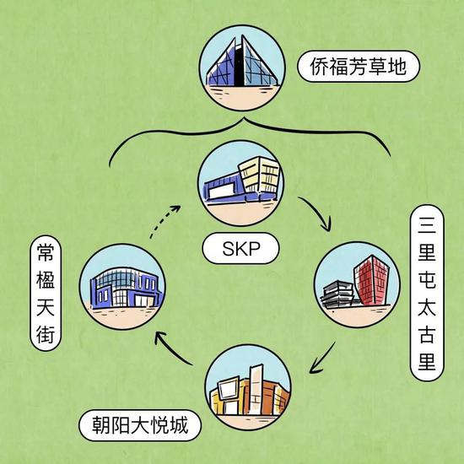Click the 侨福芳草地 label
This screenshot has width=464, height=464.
359,67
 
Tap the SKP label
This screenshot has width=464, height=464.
240,248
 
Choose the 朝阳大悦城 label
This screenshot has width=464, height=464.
140,425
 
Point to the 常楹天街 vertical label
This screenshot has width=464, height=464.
46,293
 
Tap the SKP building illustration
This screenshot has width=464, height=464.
242,180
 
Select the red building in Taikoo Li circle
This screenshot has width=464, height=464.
371,279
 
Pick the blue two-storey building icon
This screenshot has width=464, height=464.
127,288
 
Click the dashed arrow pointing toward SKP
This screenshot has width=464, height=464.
164,221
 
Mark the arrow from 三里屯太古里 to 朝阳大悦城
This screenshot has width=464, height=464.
323,358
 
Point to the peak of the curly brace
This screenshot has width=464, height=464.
245,118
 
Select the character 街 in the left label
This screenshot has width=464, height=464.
46,335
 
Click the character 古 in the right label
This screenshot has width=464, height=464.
427,334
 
